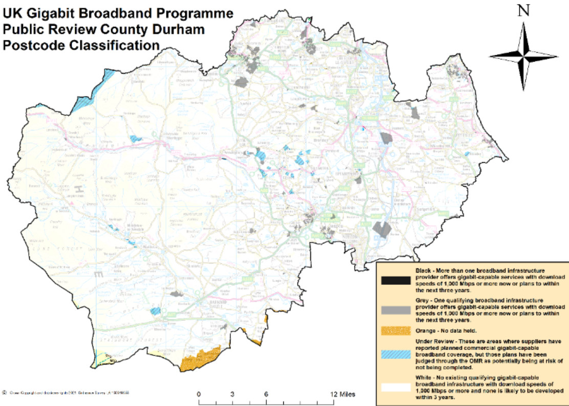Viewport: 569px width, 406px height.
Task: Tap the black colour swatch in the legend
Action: pos(395,280)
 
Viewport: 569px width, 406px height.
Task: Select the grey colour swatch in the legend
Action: pos(395,310)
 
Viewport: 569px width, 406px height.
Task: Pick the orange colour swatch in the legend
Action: pos(395,331)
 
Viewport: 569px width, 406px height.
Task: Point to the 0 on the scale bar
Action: pos(199,394)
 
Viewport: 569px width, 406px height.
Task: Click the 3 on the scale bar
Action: pos(233,394)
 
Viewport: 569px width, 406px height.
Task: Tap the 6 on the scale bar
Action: pos(266,394)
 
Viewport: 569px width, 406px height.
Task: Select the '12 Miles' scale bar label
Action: pos(341,394)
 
